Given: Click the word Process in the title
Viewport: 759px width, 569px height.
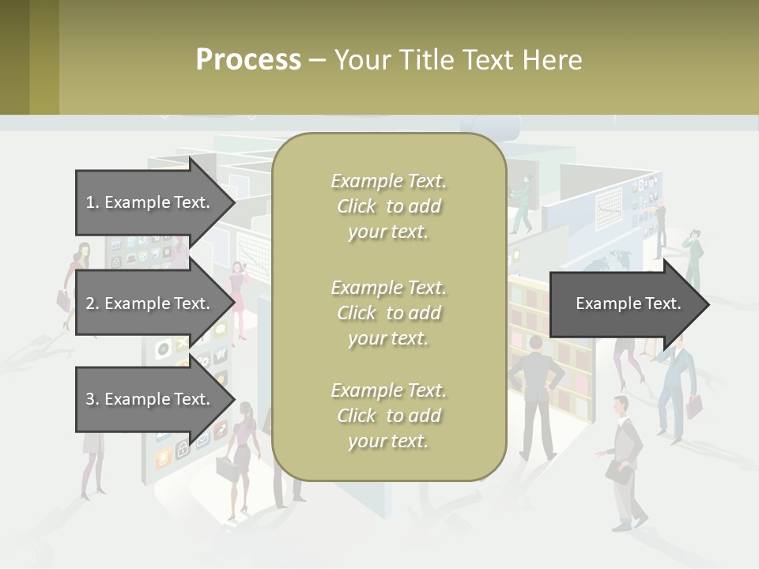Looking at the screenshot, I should [x=248, y=60].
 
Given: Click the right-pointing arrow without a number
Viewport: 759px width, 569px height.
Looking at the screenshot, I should [x=629, y=303].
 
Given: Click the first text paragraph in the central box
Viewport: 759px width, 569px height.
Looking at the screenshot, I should [x=388, y=206].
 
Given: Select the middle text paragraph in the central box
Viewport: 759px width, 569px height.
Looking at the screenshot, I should [x=388, y=312].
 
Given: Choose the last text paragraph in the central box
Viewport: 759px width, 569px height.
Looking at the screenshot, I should [x=388, y=416].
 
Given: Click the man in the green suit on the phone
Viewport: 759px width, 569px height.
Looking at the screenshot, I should [x=693, y=257].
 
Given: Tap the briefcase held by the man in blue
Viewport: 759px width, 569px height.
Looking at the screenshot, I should [x=693, y=406].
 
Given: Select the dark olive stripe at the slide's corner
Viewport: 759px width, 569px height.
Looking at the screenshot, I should [x=14, y=57].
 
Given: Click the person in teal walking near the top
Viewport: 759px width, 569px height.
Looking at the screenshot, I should [x=523, y=202].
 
